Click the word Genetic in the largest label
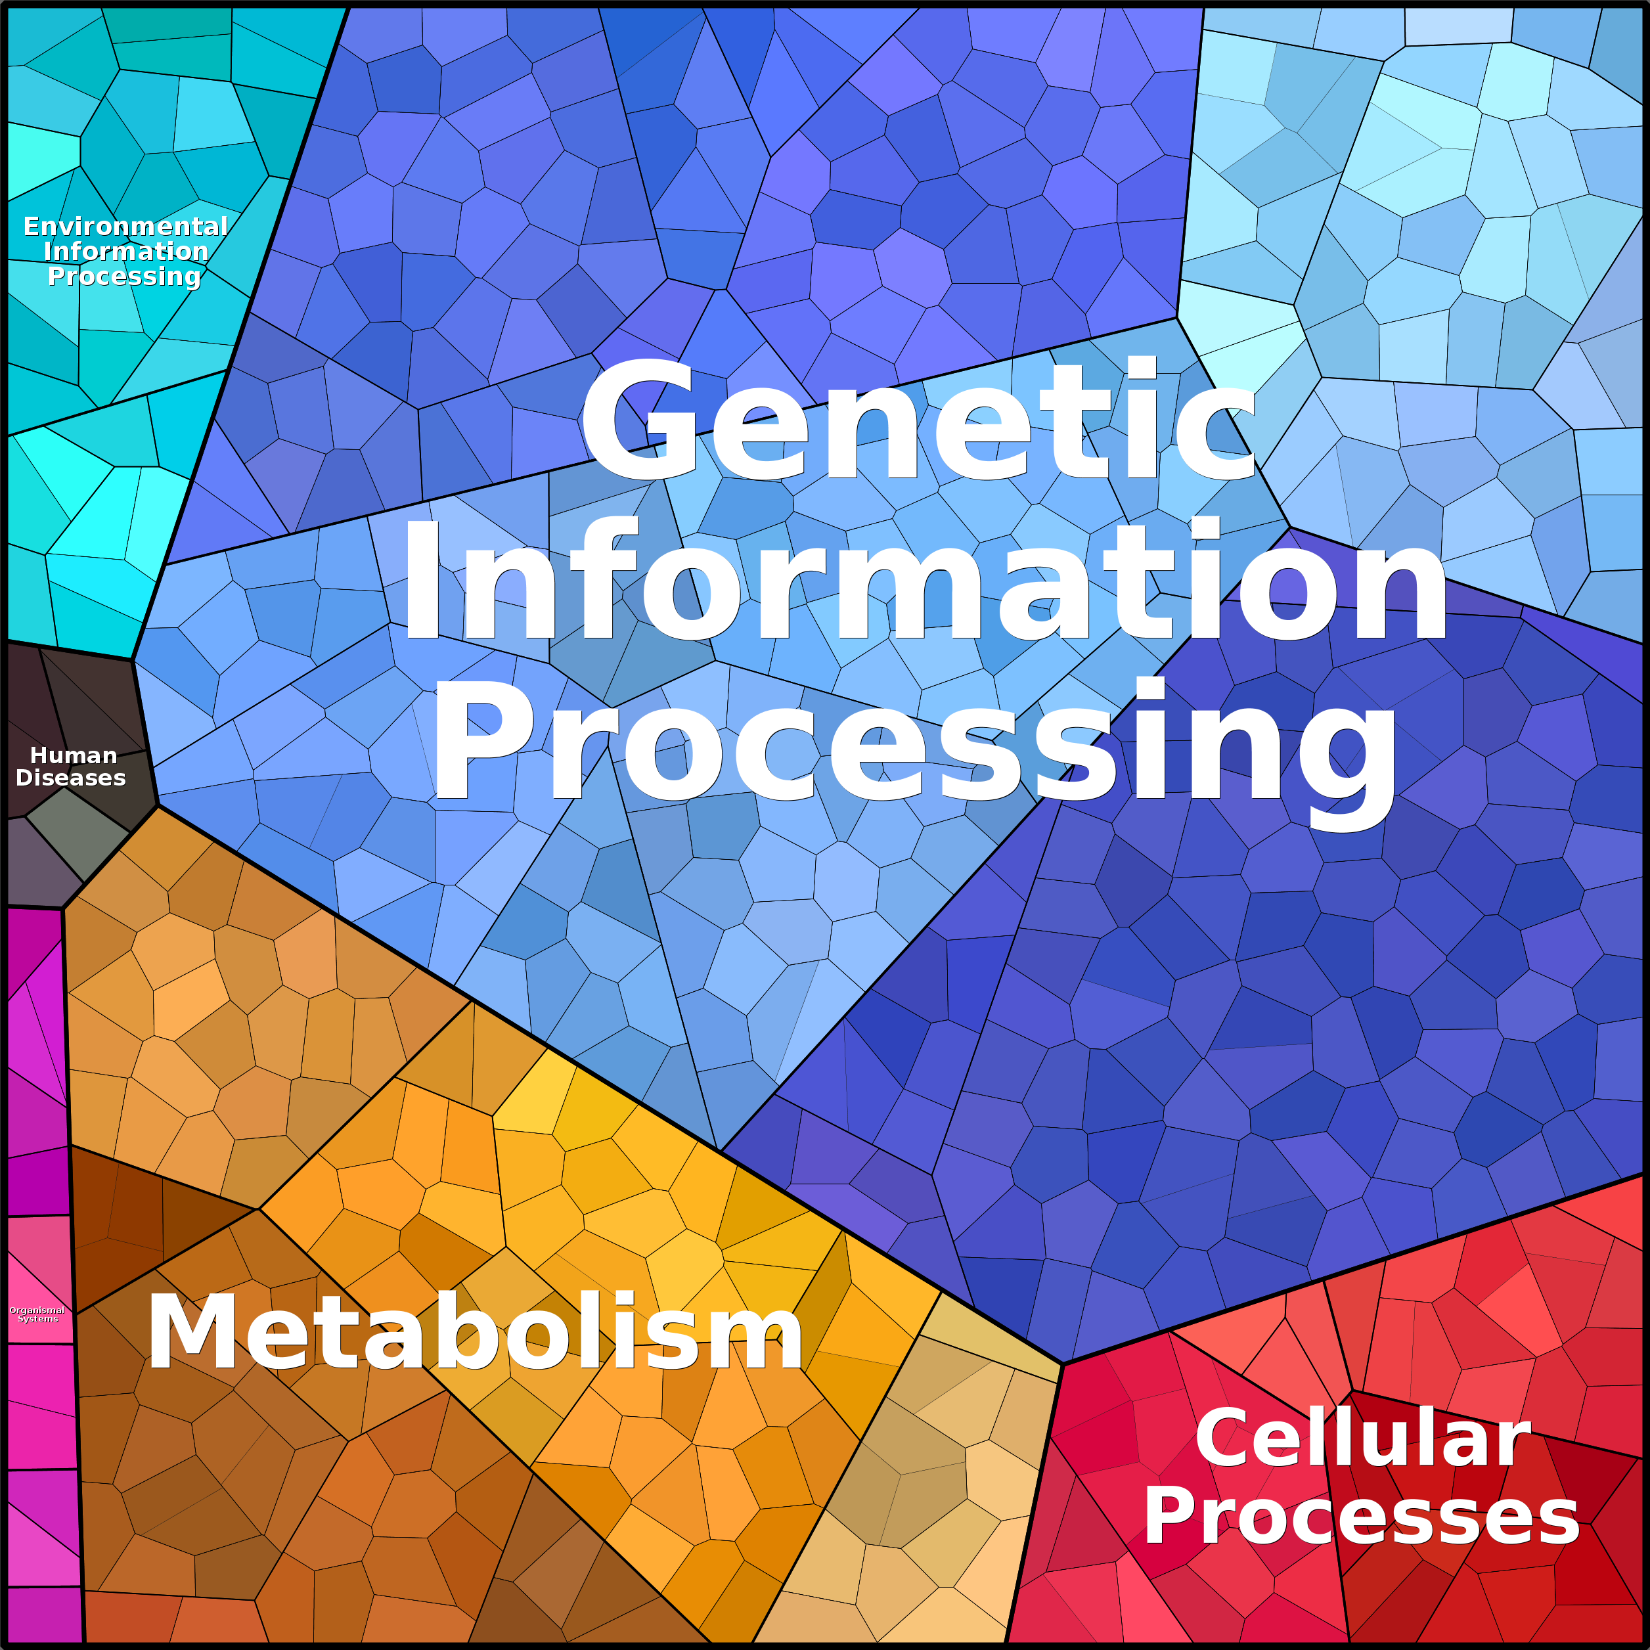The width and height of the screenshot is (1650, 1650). pos(918,420)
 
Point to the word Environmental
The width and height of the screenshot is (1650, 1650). pos(125,227)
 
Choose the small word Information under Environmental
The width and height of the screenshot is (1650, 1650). pos(125,251)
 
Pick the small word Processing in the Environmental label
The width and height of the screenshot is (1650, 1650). pos(125,277)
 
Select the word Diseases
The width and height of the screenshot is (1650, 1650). pos(71,778)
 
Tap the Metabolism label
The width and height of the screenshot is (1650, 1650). pos(475,1332)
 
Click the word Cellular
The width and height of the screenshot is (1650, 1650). pos(1362,1438)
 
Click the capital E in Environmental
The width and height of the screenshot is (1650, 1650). pos(32,227)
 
